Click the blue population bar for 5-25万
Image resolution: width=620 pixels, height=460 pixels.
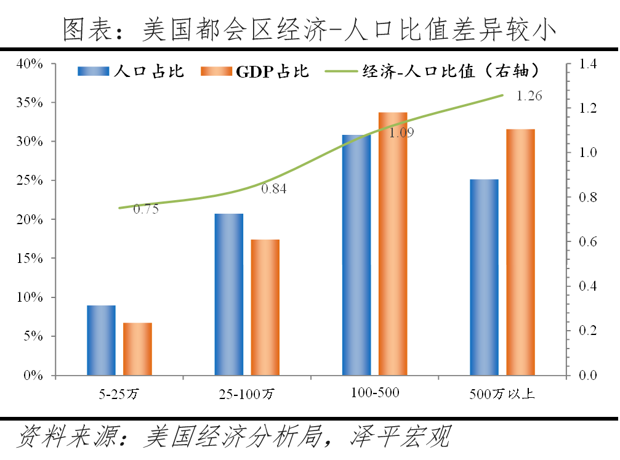[x=101, y=340]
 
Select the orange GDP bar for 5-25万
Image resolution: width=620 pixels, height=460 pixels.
[x=137, y=349]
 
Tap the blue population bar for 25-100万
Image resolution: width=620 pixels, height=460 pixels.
[x=229, y=294]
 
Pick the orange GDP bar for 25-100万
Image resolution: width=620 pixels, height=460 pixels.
[x=265, y=307]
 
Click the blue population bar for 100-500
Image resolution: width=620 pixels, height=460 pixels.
[x=356, y=255]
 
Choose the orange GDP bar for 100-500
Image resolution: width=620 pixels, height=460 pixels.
[x=393, y=244]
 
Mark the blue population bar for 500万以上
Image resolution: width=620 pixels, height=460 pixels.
[x=484, y=277]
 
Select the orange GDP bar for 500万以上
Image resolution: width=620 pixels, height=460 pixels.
[x=521, y=252]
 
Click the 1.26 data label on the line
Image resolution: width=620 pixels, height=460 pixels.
[x=529, y=96]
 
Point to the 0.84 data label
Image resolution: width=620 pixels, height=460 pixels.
[x=274, y=189]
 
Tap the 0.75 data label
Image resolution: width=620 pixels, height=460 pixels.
[x=146, y=209]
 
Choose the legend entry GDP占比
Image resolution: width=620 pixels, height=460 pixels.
[x=255, y=71]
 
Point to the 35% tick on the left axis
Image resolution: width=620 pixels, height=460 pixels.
[x=29, y=103]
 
